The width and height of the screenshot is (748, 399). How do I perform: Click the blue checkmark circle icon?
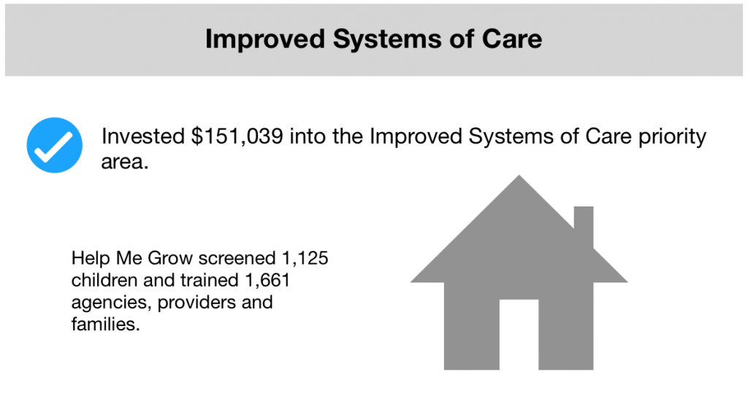tap(54, 145)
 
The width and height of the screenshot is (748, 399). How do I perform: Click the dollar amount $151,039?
tap(237, 136)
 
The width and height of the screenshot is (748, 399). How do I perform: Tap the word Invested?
tap(143, 136)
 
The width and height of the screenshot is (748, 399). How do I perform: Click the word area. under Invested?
tap(124, 163)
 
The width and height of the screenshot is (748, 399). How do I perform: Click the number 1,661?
tap(267, 280)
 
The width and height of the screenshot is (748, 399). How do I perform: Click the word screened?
tap(237, 258)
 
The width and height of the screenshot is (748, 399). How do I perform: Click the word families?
tap(105, 324)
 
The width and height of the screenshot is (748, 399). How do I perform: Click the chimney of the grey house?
tap(584, 226)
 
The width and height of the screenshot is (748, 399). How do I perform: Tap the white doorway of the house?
tap(519, 334)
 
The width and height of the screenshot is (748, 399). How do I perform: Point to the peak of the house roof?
tap(519, 176)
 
